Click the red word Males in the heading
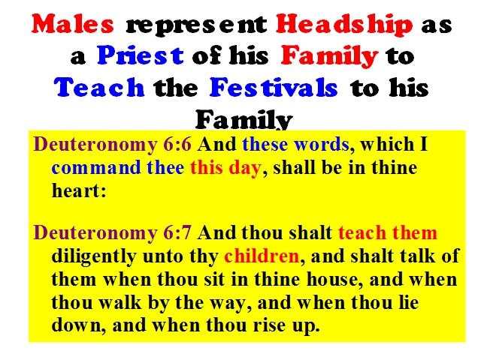[73, 23]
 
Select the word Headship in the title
[344, 25]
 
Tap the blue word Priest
[141, 55]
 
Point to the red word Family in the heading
[329, 56]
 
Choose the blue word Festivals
[274, 87]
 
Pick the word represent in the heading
[196, 25]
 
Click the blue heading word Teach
[99, 87]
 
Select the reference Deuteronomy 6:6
[112, 144]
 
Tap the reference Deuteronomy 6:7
[112, 232]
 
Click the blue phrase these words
[295, 144]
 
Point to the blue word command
[96, 168]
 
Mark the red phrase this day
[225, 168]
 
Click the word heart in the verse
[76, 190]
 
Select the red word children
[262, 256]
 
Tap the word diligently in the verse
[93, 256]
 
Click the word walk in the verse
[120, 302]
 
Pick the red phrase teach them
[388, 232]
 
